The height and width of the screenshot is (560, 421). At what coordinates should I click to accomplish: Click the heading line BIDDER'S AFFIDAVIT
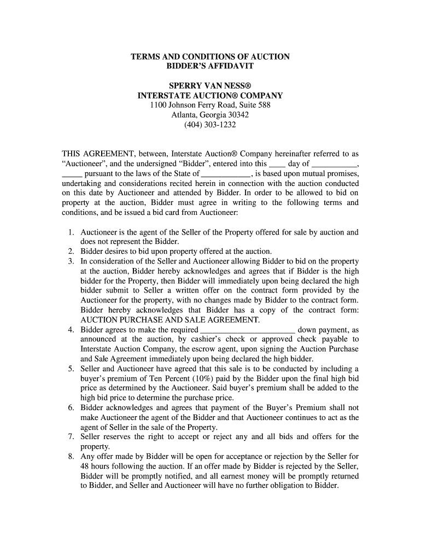click(210, 66)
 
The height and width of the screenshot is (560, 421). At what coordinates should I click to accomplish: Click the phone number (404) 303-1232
click(210, 125)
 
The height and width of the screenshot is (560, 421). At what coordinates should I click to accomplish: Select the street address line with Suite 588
click(210, 105)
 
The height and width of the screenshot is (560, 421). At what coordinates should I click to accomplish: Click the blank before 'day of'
click(277, 164)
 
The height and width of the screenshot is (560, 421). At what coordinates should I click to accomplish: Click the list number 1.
click(71, 232)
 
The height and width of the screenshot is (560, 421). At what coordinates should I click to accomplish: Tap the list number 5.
click(71, 369)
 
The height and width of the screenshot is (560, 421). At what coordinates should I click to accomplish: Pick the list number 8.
click(71, 457)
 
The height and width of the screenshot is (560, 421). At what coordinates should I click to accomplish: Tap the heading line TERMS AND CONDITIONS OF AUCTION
click(210, 57)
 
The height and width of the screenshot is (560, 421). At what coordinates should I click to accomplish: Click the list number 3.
click(71, 261)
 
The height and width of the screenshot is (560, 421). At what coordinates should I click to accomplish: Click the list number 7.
click(71, 437)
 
